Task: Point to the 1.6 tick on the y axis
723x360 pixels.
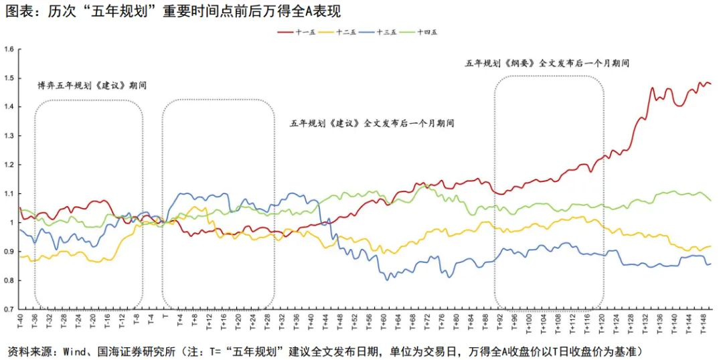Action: [x=9, y=49]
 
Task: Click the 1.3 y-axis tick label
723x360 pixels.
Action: [x=9, y=136]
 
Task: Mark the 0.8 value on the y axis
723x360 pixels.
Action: [x=9, y=280]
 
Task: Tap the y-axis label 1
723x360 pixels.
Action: [x=12, y=223]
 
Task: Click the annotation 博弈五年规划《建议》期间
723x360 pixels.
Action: [x=92, y=86]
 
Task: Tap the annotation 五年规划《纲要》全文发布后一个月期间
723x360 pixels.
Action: [x=547, y=63]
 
